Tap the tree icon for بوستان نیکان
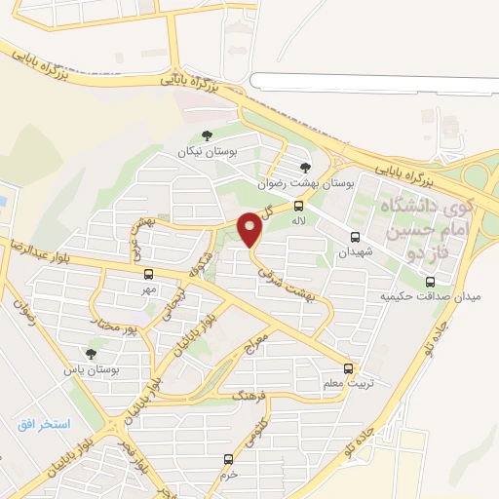click(x=207, y=135)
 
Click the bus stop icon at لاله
click(x=299, y=206)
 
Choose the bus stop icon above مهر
click(x=148, y=275)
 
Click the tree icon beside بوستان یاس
click(x=91, y=355)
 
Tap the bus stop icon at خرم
click(x=229, y=458)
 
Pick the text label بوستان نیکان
click(x=206, y=152)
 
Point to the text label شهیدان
click(x=356, y=251)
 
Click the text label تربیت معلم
click(x=345, y=385)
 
